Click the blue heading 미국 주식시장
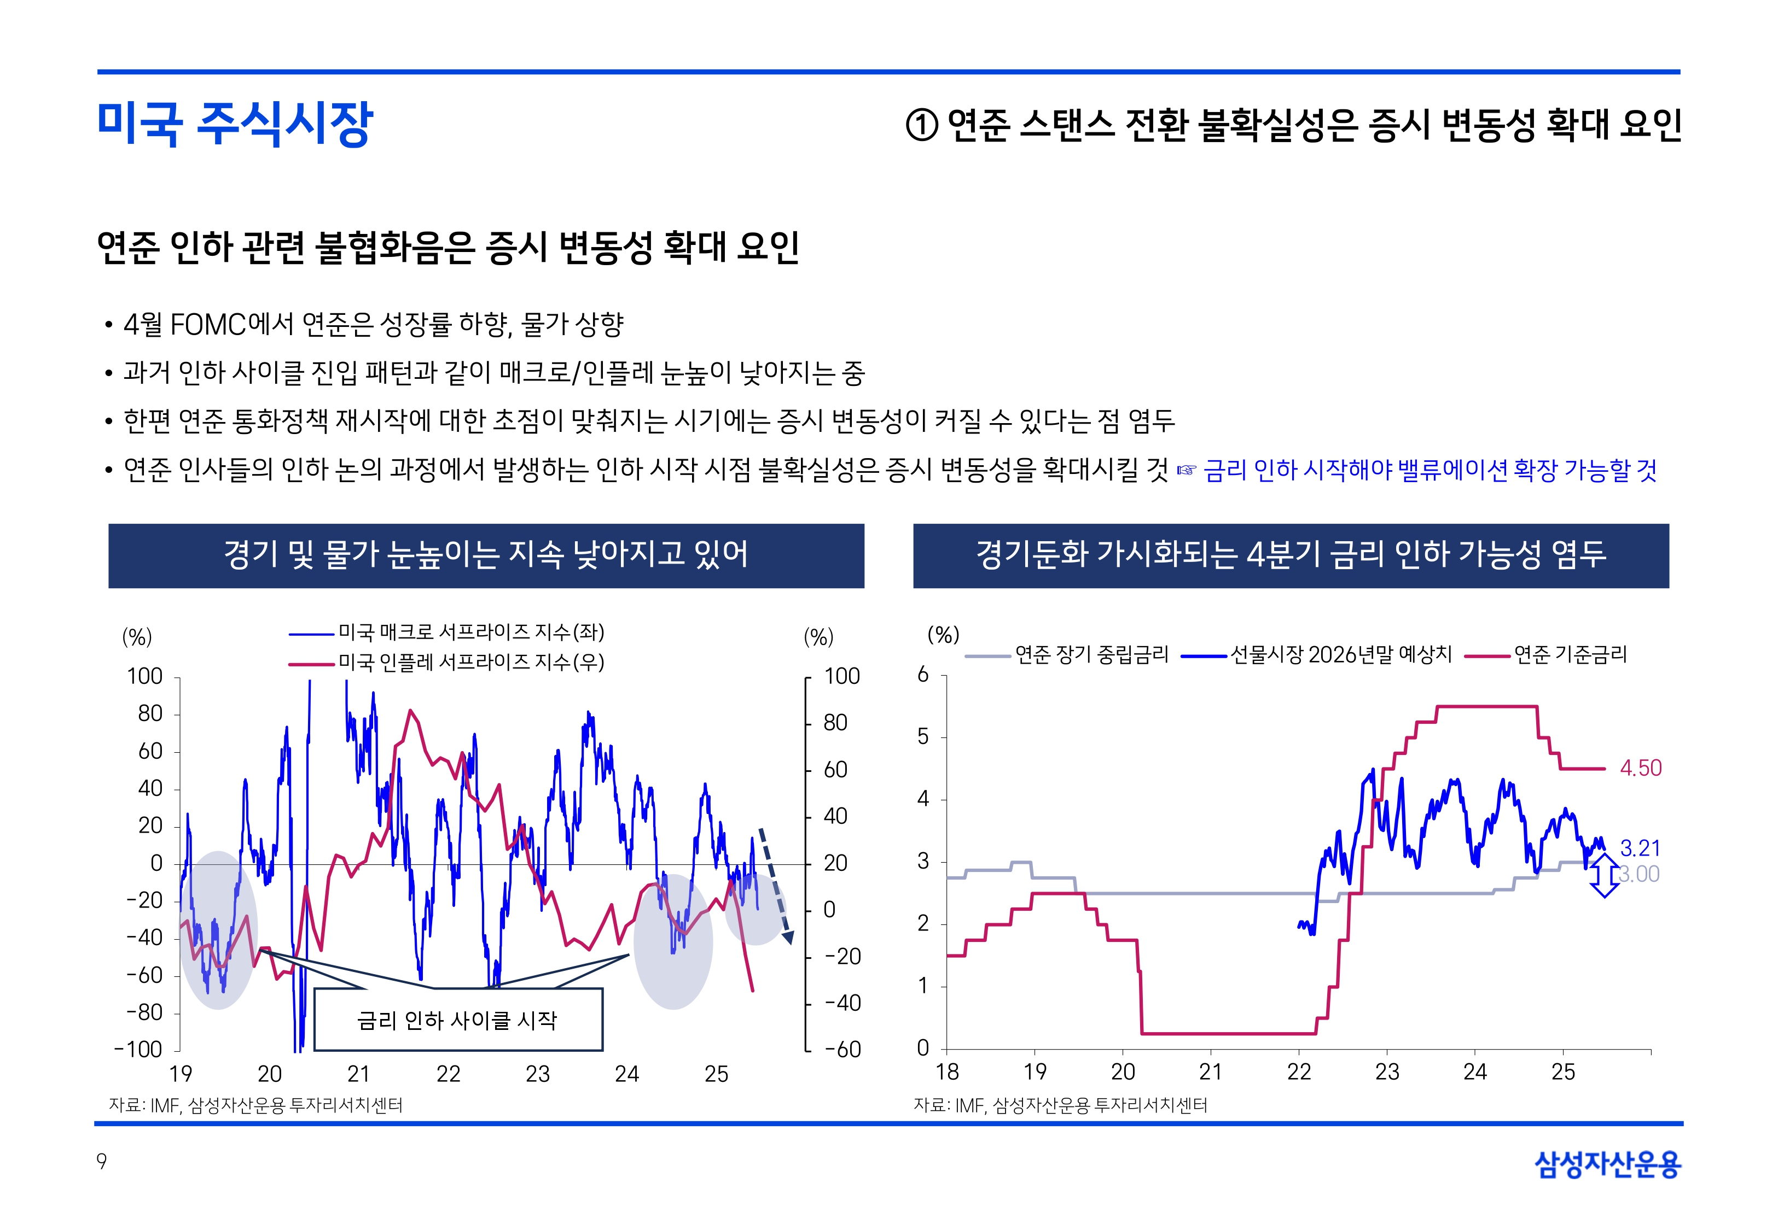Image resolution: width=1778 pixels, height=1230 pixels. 235,124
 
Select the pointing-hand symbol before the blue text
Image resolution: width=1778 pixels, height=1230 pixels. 1186,470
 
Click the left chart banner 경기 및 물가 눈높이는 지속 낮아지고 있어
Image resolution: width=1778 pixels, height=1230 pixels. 486,555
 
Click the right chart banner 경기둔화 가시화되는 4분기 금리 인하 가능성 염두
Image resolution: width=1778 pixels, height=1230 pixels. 1291,555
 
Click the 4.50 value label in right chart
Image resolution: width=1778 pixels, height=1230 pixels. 1640,769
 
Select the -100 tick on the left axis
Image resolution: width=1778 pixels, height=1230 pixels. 139,1050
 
